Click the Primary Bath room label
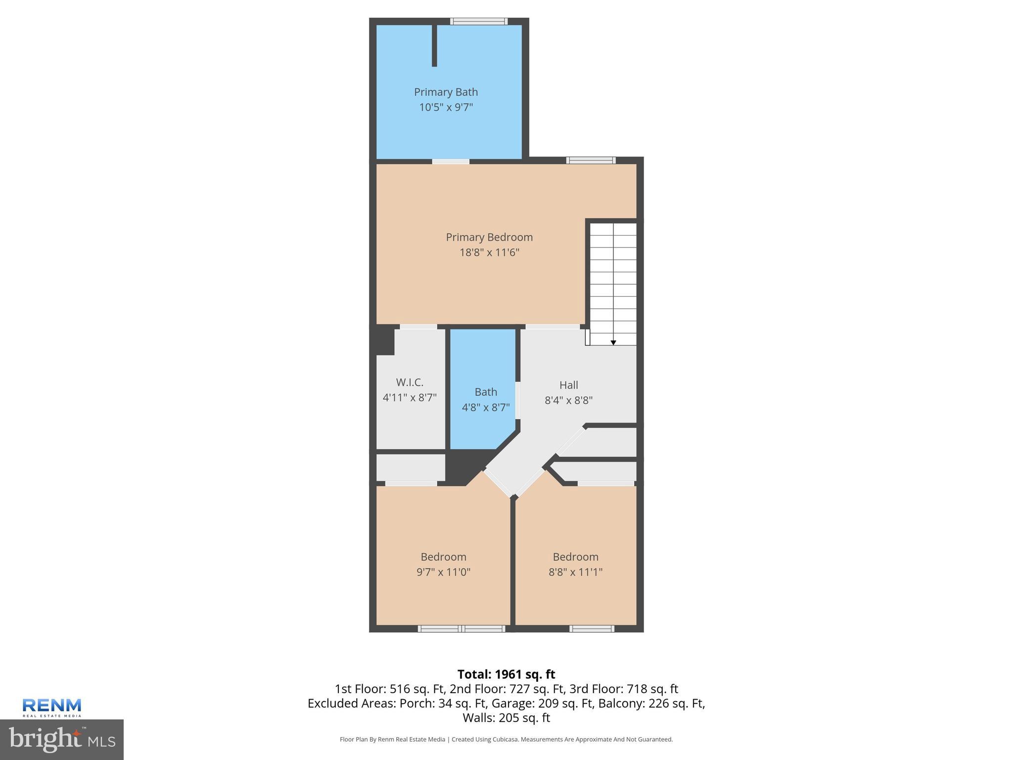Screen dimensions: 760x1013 pos(446,92)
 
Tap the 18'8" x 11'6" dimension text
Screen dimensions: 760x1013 pos(489,252)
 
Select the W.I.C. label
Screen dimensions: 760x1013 pos(410,382)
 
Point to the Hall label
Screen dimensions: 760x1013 pos(568,385)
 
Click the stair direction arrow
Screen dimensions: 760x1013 pos(613,342)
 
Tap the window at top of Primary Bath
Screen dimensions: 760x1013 pos(479,21)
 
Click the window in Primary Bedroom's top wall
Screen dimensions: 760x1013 pos(591,160)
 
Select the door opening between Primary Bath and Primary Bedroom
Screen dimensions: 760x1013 pos(451,161)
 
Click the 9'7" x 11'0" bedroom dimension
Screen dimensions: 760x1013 pos(443,572)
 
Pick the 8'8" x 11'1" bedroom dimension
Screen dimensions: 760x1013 pos(575,572)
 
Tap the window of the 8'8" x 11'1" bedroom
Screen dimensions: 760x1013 pos(592,629)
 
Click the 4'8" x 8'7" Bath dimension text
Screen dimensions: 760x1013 pos(486,408)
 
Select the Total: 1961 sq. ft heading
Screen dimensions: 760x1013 pos(506,674)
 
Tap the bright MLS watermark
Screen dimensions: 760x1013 pos(62,740)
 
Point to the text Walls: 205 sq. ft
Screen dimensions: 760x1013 pos(506,717)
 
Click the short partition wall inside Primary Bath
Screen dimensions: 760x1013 pos(434,46)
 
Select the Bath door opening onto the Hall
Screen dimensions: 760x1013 pos(518,400)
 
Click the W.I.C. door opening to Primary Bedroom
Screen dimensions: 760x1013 pos(418,327)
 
